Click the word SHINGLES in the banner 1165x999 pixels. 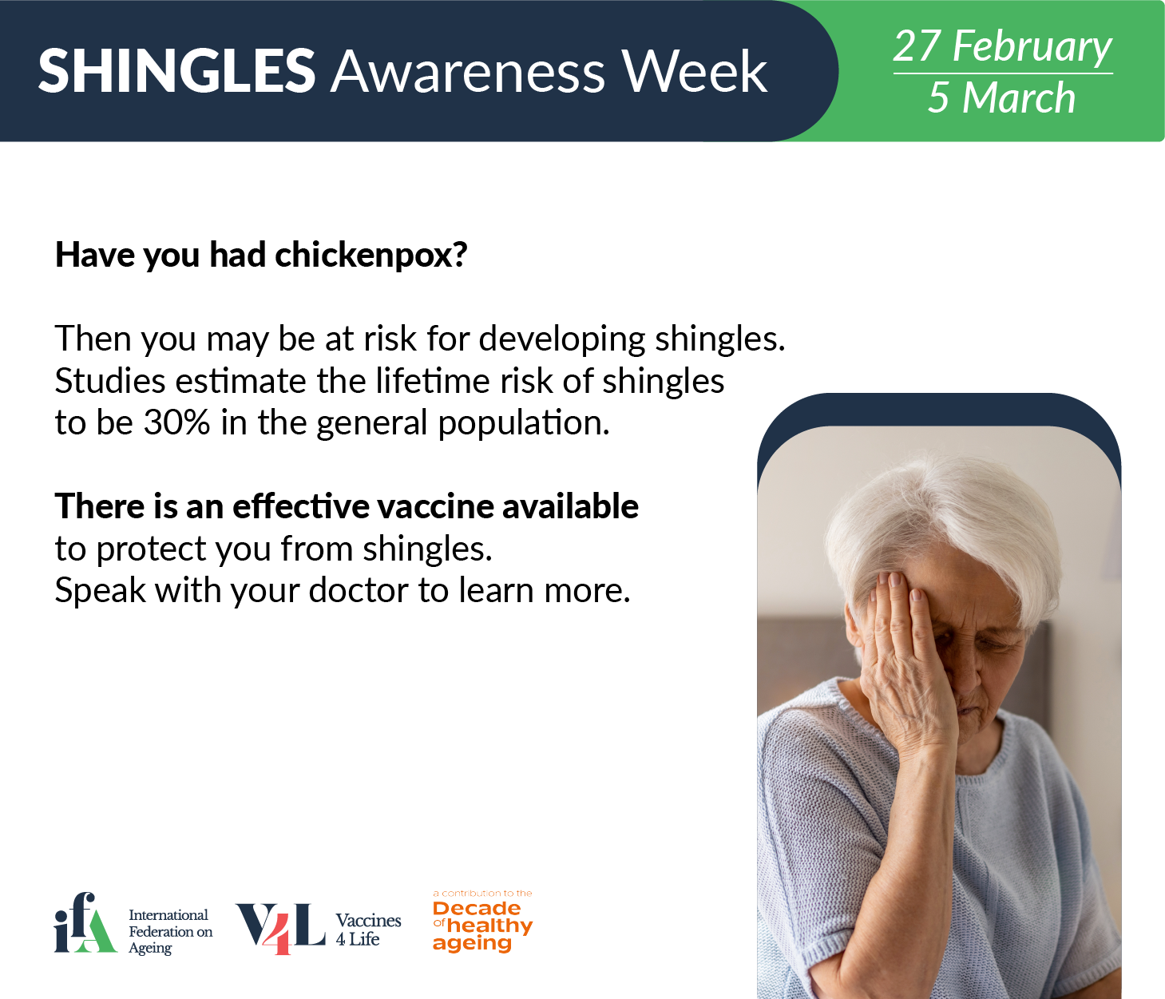pyautogui.click(x=176, y=71)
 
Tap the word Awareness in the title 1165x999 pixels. pyautogui.click(x=467, y=72)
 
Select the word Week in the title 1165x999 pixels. pyautogui.click(x=694, y=71)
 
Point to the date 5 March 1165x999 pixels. pyautogui.click(x=1001, y=97)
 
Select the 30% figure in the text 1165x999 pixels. pyautogui.click(x=176, y=422)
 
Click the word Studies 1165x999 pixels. pyautogui.click(x=110, y=381)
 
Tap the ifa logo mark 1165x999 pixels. pyautogui.click(x=85, y=922)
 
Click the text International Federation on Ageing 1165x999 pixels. pyautogui.click(x=170, y=931)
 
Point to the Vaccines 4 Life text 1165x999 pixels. pyautogui.click(x=368, y=930)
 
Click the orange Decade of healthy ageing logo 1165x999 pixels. pyautogui.click(x=482, y=921)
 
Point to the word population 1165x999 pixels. pyautogui.click(x=524, y=423)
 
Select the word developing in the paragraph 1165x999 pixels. pyautogui.click(x=561, y=339)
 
